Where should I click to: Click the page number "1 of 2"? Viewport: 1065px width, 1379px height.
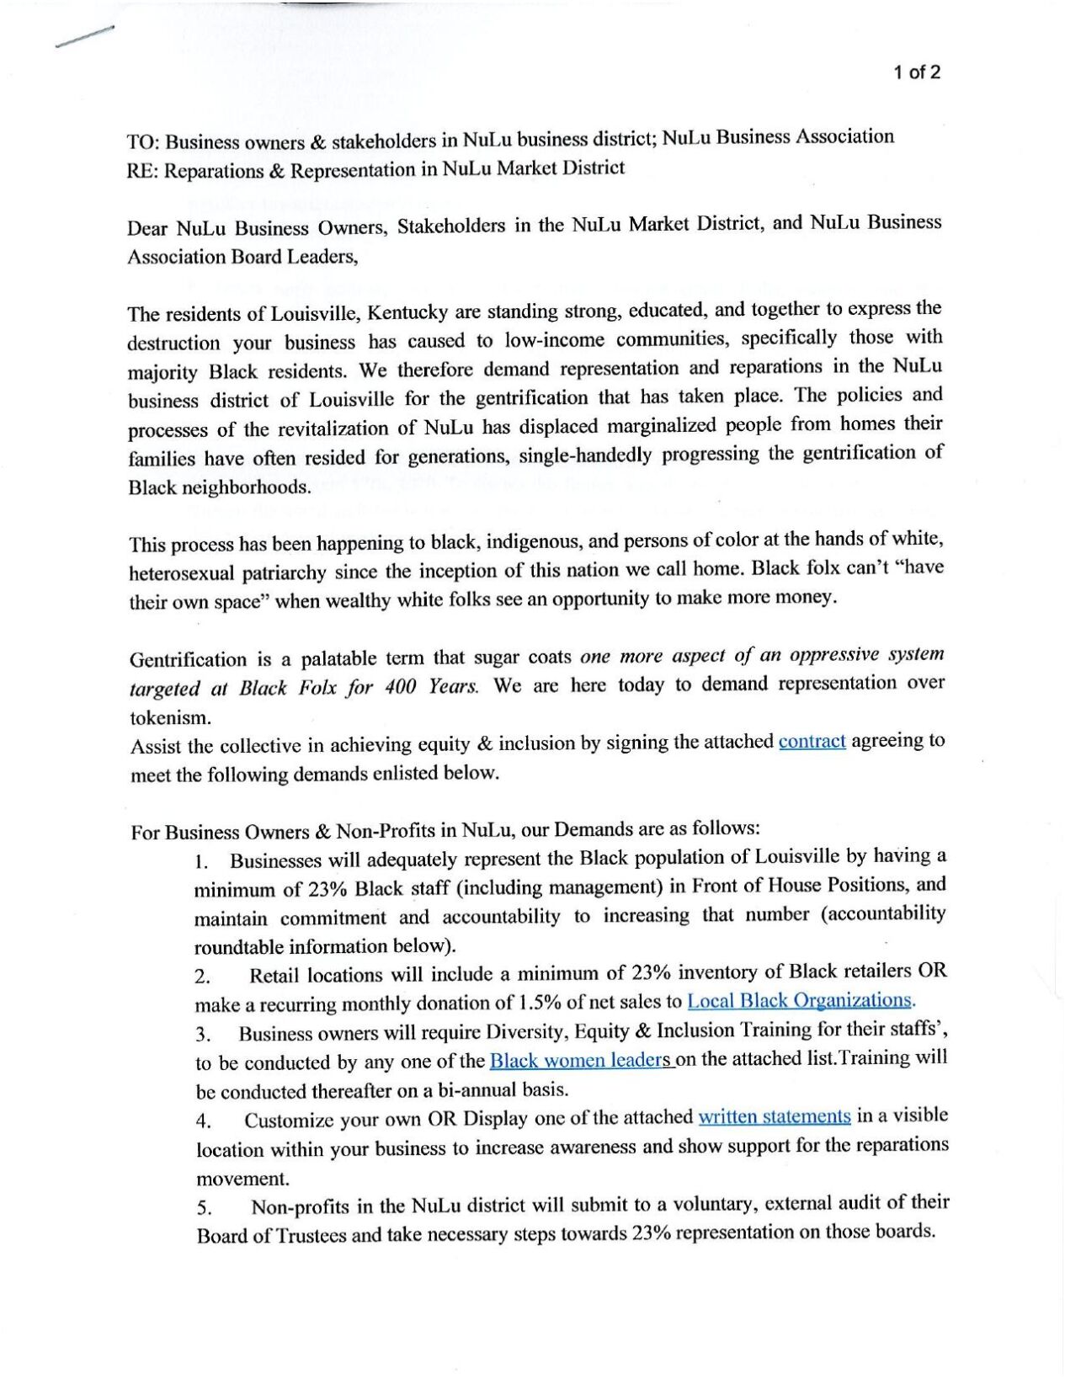point(917,72)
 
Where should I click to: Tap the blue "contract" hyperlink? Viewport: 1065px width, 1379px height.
point(812,742)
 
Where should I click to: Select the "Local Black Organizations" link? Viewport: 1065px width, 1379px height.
point(799,1001)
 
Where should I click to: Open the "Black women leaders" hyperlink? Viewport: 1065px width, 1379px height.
point(581,1060)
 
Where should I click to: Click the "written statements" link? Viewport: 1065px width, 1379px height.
point(774,1117)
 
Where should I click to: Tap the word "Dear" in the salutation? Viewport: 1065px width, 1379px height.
point(147,229)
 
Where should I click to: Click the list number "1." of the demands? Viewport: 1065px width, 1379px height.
point(200,863)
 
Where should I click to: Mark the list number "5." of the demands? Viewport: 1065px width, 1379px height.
point(204,1209)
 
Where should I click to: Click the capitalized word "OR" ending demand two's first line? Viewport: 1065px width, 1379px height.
point(932,971)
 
